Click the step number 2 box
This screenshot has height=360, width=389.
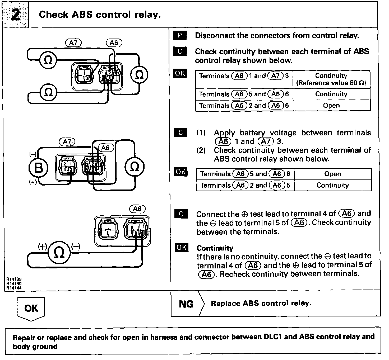[15, 15]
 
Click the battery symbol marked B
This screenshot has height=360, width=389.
[39, 168]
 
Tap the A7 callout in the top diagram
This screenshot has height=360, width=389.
[73, 43]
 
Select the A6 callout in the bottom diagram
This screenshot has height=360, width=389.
[137, 209]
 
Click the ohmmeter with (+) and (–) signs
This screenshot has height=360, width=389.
[59, 253]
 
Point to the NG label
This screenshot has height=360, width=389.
[186, 304]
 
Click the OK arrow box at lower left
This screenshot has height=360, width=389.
[31, 308]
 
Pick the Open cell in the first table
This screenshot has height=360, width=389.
[331, 105]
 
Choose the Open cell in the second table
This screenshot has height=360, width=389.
[332, 174]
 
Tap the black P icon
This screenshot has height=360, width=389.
[180, 35]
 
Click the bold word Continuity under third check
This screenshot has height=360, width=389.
[215, 248]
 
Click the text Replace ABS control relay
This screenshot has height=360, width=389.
[261, 303]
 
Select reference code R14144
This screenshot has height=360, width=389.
[14, 288]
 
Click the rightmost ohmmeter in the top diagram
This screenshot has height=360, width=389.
[139, 75]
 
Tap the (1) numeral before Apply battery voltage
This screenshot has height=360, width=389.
[201, 133]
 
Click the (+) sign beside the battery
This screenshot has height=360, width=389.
[33, 182]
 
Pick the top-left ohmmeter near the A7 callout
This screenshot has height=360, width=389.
[48, 60]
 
